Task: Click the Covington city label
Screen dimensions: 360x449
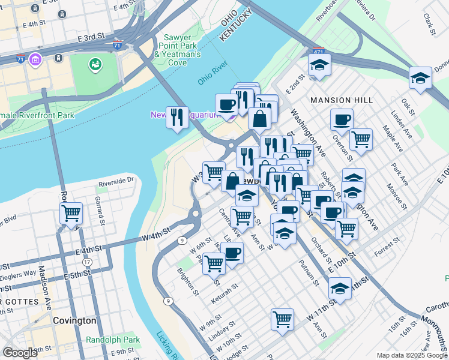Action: (74, 320)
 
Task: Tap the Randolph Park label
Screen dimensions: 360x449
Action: (113, 340)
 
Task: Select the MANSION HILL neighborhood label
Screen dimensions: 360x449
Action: (341, 100)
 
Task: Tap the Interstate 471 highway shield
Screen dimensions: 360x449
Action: (319, 52)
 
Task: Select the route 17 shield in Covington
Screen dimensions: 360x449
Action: (88, 262)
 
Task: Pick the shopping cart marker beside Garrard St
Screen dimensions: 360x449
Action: (71, 214)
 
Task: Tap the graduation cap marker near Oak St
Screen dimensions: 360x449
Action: (420, 77)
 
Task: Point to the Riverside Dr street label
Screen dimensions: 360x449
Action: (116, 180)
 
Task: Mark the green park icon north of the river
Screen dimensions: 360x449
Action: (95, 64)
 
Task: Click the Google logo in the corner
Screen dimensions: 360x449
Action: (20, 353)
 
